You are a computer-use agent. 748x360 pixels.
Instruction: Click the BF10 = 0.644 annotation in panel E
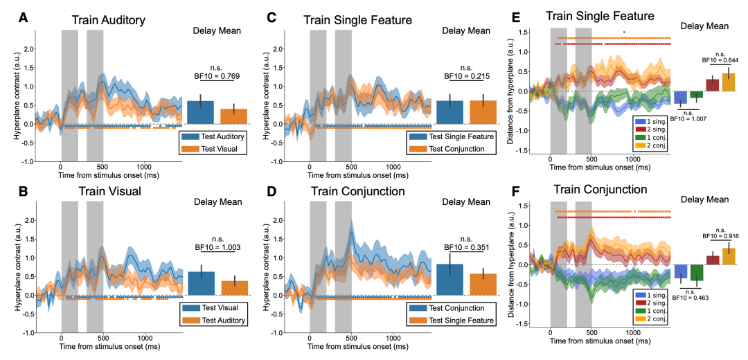[720, 60]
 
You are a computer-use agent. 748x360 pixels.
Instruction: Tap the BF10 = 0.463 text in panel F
[689, 298]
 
